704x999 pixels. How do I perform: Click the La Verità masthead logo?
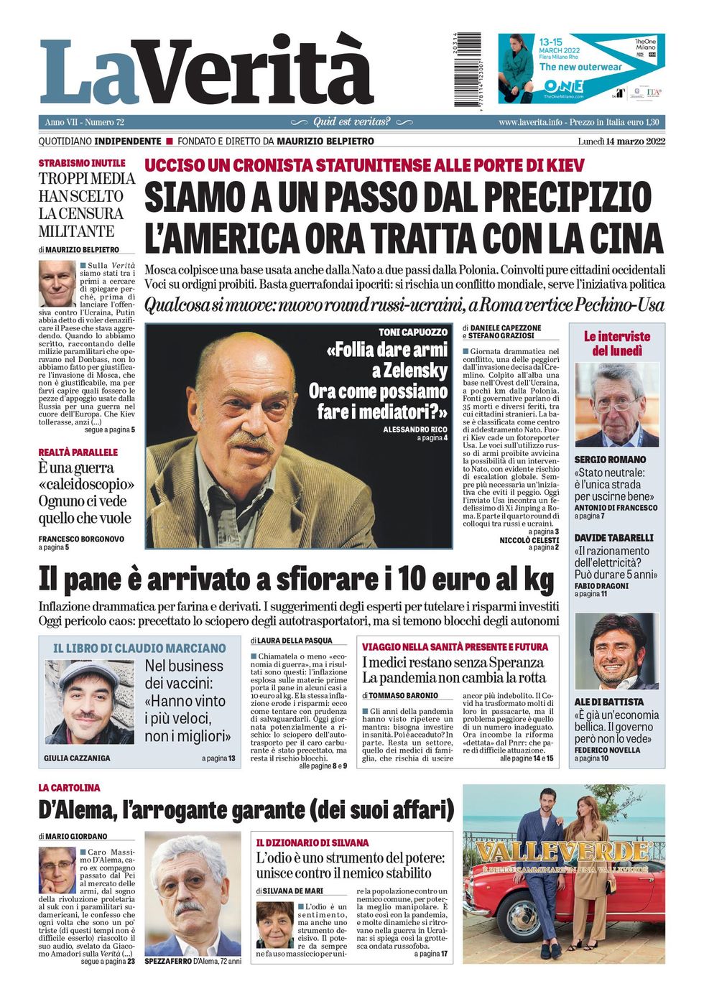tap(206, 72)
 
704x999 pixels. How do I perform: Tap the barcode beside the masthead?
tap(471, 70)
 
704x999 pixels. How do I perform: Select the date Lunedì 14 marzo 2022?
tap(621, 141)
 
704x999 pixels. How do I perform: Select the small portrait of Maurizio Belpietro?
tap(57, 284)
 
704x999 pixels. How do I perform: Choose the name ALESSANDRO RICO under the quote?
tap(414, 429)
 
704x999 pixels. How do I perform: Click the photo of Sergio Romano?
tap(616, 405)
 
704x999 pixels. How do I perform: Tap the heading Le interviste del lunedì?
tap(616, 343)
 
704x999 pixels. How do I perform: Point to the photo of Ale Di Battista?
tap(616, 651)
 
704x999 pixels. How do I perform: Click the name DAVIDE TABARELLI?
tap(613, 538)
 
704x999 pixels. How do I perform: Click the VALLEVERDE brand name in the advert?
tap(562, 852)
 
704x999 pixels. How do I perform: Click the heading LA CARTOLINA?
tap(69, 788)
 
